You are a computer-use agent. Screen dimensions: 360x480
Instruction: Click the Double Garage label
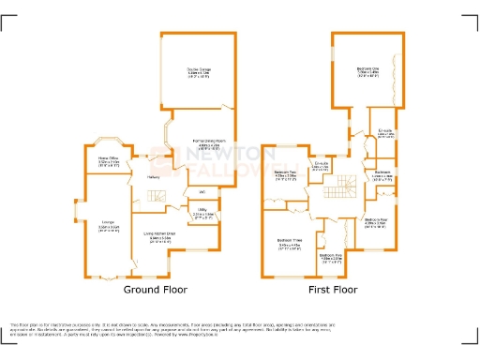[x=198, y=69]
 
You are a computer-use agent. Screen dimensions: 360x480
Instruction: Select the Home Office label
[x=109, y=158]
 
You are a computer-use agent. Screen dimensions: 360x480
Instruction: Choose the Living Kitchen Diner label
[x=161, y=235]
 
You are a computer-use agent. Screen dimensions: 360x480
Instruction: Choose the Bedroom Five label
[x=332, y=255]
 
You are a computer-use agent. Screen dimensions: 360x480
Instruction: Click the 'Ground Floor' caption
[x=152, y=291]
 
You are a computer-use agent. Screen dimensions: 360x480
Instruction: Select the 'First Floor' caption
[x=334, y=291]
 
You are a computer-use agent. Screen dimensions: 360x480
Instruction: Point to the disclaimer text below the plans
[x=240, y=327]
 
